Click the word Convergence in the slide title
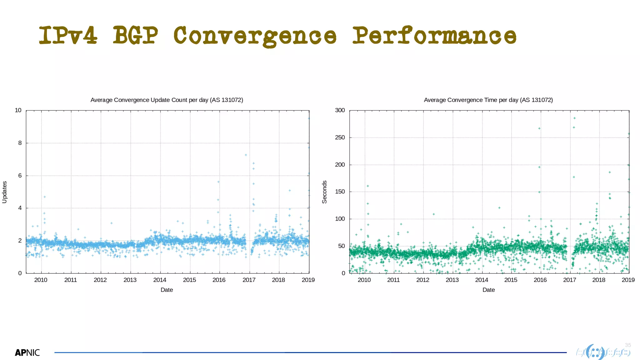(x=255, y=36)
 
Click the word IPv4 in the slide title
(x=68, y=35)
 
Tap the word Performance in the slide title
(x=434, y=35)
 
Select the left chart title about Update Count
(x=167, y=100)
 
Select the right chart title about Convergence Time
(x=488, y=100)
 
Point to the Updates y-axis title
(x=4, y=192)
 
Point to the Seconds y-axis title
(x=324, y=192)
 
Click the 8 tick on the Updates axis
(x=20, y=143)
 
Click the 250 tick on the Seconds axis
(x=340, y=137)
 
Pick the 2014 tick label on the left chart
(x=160, y=280)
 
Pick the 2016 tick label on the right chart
(x=540, y=280)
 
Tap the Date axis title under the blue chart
(x=167, y=290)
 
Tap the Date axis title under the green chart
(x=488, y=290)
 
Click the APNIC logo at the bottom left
(x=27, y=353)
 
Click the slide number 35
(x=628, y=345)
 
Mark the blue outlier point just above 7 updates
(x=246, y=155)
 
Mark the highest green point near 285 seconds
(x=574, y=118)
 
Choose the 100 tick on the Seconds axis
(x=340, y=219)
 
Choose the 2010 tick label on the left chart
(x=41, y=280)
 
